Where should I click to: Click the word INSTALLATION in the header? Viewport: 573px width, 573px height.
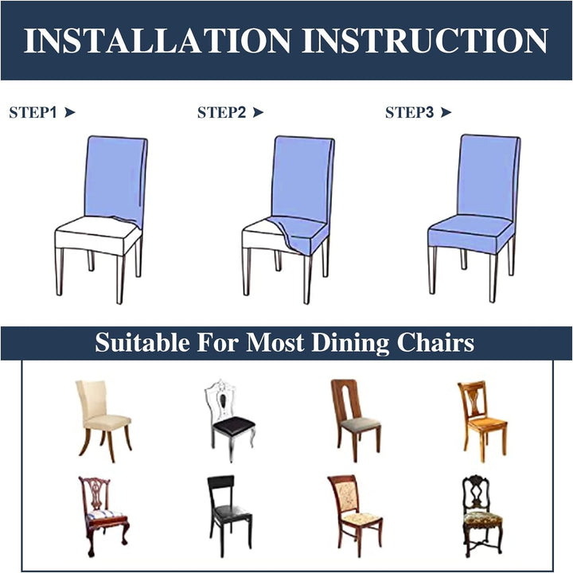coord(158,41)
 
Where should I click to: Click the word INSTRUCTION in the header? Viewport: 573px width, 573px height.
coord(425,41)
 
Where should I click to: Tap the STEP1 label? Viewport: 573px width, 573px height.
coord(33,112)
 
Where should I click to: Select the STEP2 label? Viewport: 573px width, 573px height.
coord(222,112)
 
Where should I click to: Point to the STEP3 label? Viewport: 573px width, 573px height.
coord(409,112)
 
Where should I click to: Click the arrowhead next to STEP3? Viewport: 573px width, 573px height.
coord(446,112)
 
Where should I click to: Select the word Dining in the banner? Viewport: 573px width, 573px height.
coord(350,343)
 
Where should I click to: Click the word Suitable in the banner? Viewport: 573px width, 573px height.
coord(142,343)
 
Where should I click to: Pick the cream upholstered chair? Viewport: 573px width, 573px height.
coord(103,421)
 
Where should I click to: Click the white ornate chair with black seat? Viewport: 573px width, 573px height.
coord(229,420)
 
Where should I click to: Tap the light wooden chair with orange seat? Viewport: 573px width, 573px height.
coord(482,421)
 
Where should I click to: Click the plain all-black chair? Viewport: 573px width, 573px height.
coord(229,516)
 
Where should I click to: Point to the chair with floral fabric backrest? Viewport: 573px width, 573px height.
coord(355,516)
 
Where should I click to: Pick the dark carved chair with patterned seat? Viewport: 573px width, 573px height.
coord(482,516)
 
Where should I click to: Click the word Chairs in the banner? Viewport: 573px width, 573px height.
coord(435,343)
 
